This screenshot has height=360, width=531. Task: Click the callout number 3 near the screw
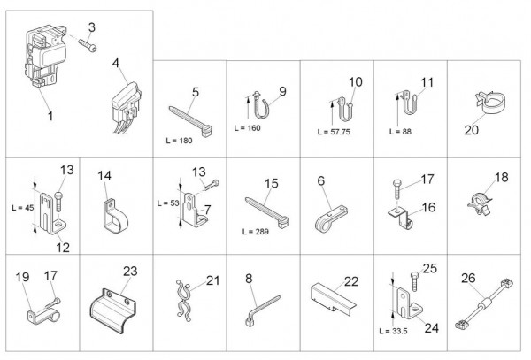pos(92,27)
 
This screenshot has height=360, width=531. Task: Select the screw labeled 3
pos(88,45)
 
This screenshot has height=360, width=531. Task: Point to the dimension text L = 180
pos(179,141)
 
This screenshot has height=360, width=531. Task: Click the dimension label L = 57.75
pos(334,132)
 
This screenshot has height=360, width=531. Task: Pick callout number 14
pos(104,176)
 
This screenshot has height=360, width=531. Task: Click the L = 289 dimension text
pos(256,232)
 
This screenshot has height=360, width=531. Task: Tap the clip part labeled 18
pos(479,203)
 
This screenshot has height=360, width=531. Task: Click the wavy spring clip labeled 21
pos(183,300)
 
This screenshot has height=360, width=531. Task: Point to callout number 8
pos(249,279)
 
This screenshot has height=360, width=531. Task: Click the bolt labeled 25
pos(414,280)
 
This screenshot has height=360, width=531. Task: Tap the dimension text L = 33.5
pos(393,331)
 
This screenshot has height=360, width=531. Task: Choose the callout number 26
pos(468,278)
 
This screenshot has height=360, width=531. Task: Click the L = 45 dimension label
pos(23,207)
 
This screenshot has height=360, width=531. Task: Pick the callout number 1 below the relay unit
pos(50,116)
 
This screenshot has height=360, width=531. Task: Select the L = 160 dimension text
pos(247,128)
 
